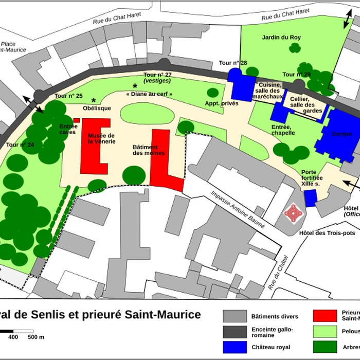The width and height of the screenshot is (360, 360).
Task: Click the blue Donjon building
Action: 337,135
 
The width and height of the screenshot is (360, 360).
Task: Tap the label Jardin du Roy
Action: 281,37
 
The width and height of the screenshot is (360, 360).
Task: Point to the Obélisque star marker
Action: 94,100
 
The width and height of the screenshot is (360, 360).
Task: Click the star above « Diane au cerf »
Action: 135,86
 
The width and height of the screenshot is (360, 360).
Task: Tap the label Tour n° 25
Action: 68,96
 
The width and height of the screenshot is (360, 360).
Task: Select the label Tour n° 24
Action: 21,145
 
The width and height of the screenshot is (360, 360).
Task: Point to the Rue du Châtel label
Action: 277,273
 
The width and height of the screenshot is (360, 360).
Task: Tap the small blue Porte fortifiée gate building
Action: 310,198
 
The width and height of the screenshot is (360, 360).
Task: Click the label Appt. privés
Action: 222,103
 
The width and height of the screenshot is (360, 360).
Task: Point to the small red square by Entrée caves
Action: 76,120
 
